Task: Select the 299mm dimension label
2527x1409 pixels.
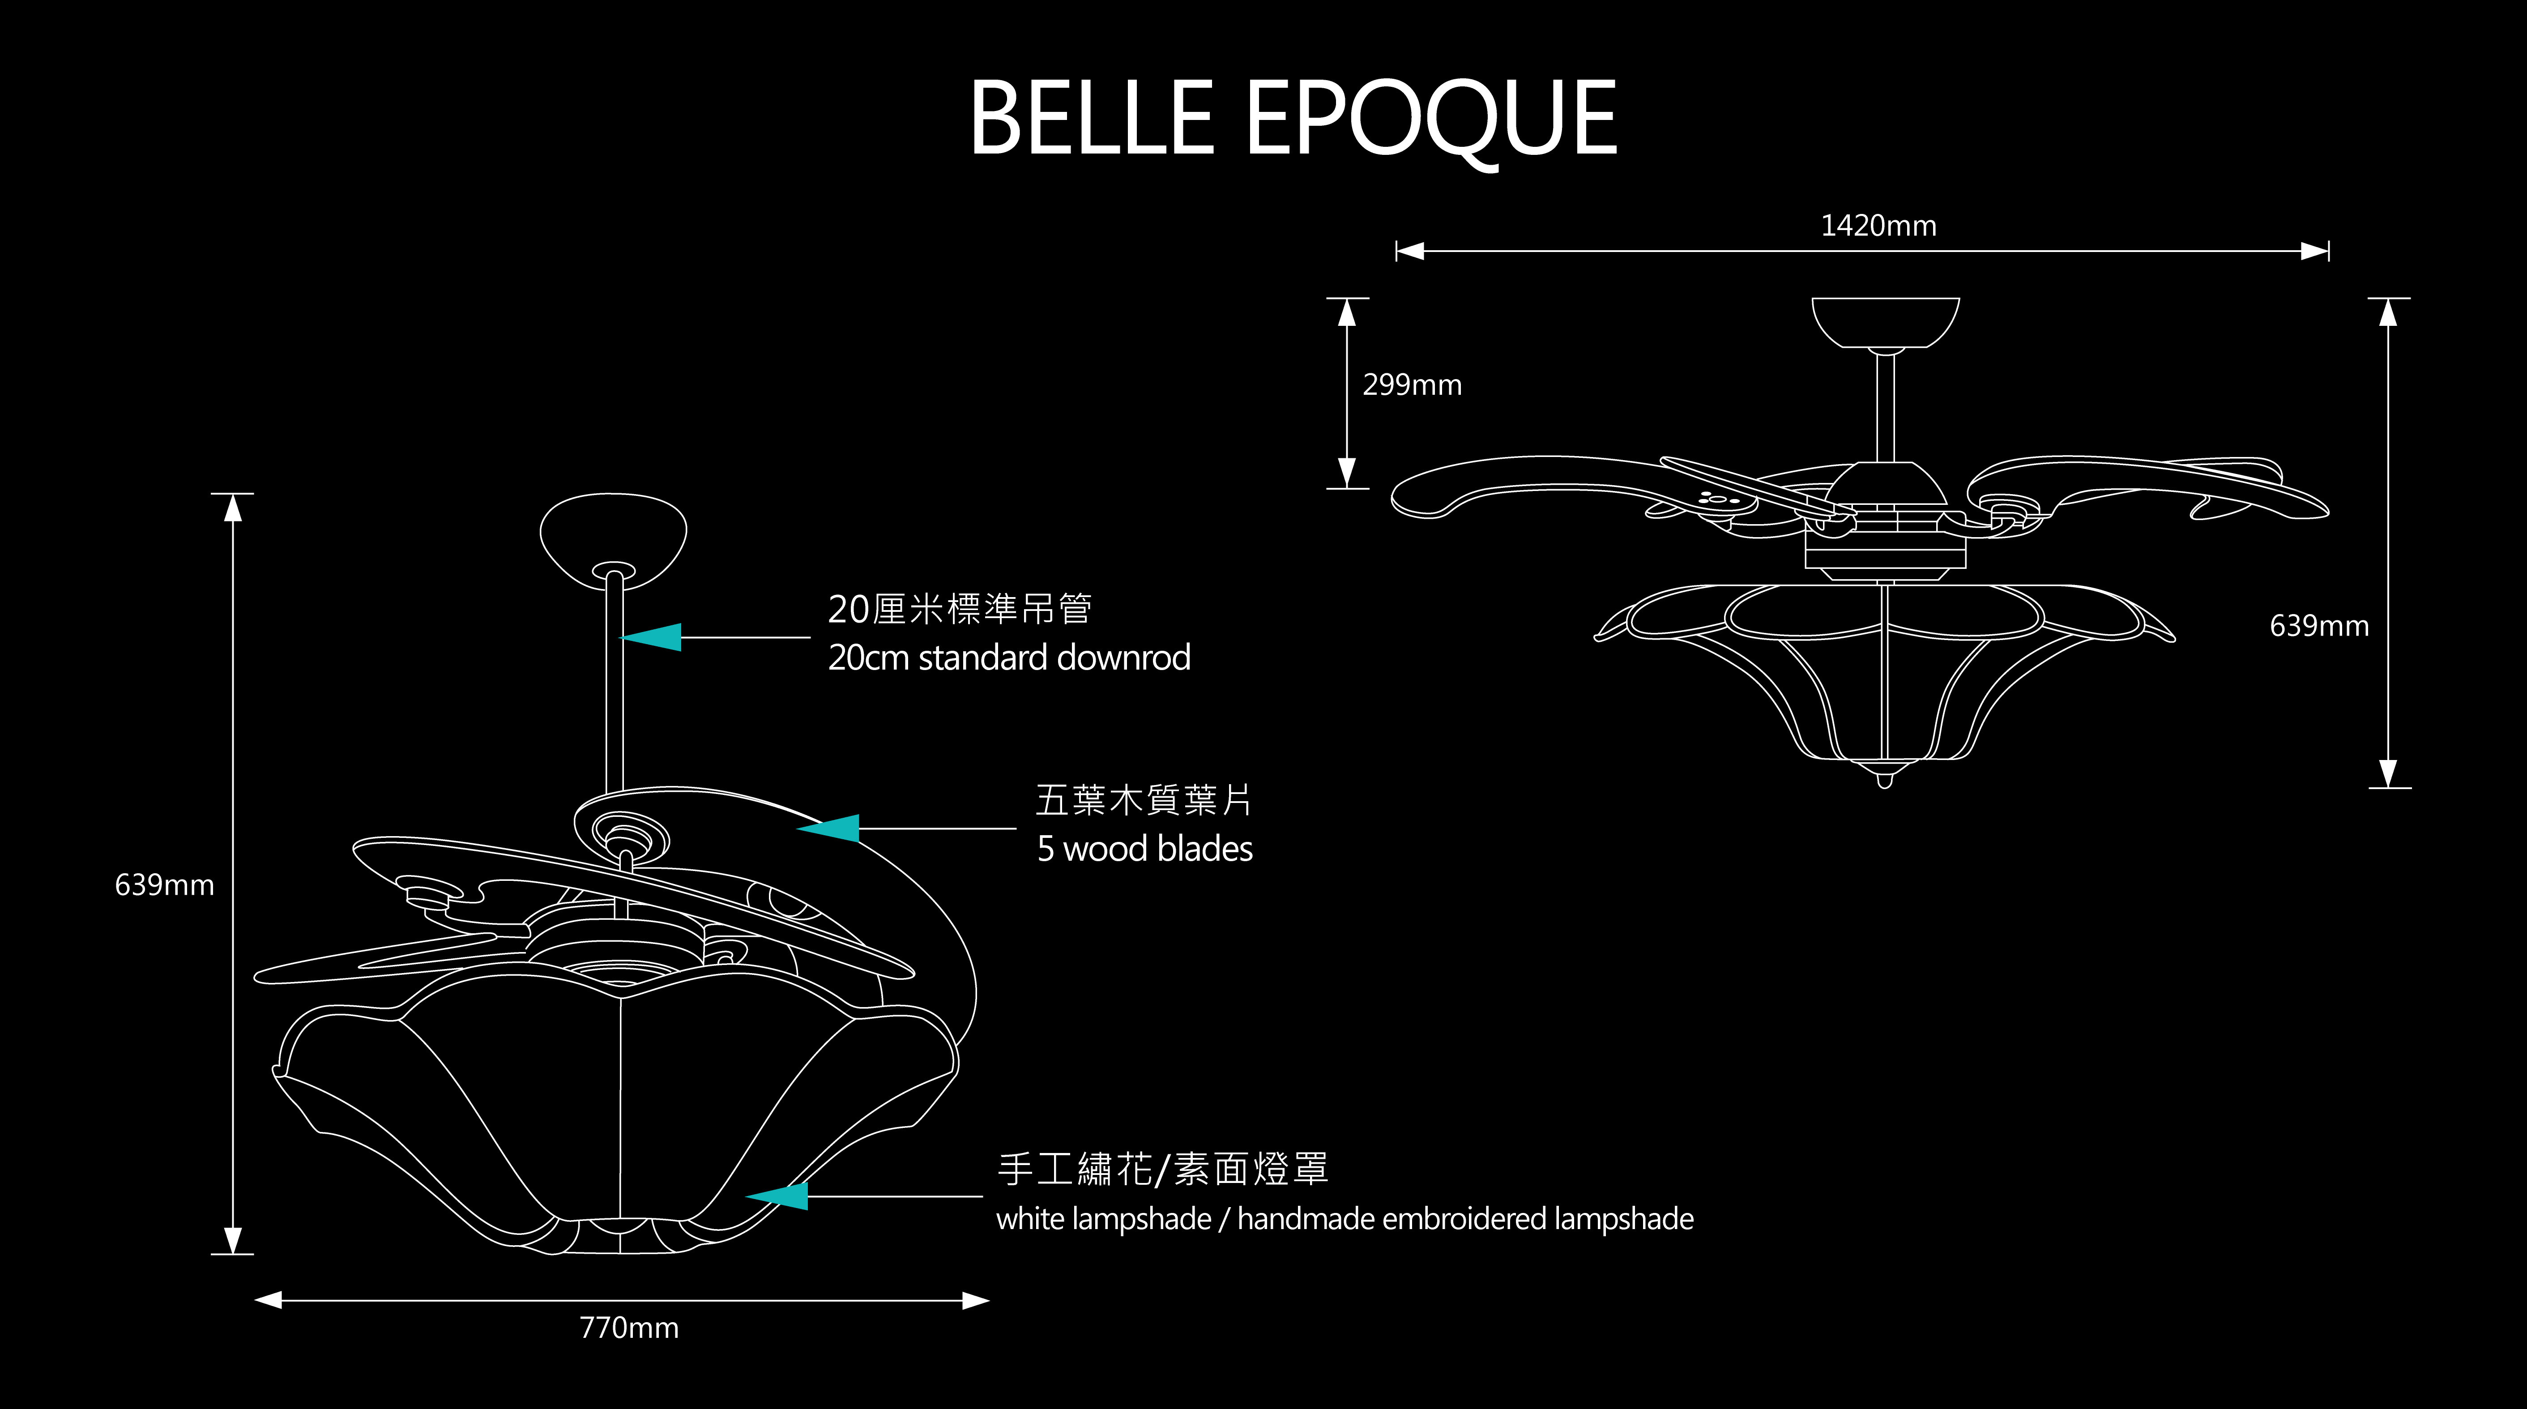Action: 1412,384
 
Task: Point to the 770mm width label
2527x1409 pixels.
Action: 629,1328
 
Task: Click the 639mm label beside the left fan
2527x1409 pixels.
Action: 164,885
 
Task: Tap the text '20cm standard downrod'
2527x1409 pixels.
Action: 1008,658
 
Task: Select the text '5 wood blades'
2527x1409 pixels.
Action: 1144,849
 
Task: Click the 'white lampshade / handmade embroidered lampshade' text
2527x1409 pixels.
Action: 1344,1219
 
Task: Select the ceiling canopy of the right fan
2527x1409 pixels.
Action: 1884,321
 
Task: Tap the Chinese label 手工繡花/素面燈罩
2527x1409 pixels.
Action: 1162,1170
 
